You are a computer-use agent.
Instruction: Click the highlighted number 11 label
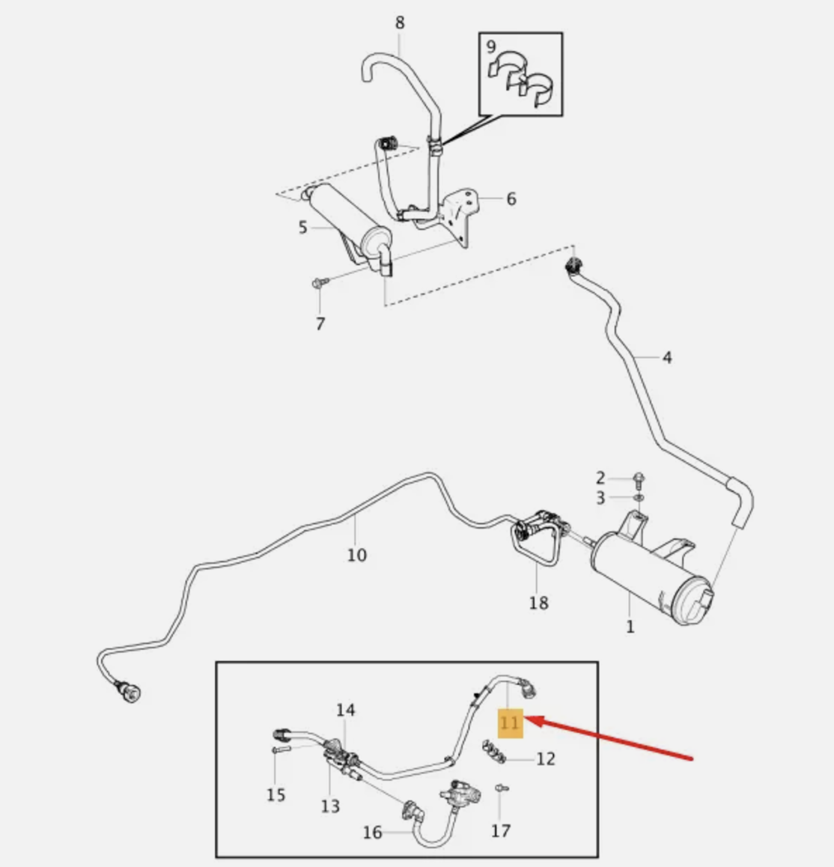[510, 723]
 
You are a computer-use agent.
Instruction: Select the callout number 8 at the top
[400, 23]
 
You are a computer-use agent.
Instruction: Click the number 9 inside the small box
[491, 47]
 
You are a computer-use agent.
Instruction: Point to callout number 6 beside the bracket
[511, 198]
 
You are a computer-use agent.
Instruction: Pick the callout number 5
[302, 227]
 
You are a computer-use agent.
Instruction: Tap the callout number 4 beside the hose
[667, 357]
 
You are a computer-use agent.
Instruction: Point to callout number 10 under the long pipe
[357, 555]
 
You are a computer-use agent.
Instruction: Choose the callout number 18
[538, 602]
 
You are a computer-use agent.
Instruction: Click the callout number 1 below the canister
[630, 626]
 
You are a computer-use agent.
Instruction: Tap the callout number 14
[345, 710]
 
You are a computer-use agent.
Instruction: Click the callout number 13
[330, 806]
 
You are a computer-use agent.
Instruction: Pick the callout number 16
[373, 832]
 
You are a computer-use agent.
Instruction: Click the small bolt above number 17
[500, 788]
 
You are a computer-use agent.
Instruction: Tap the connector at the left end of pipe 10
[130, 693]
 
